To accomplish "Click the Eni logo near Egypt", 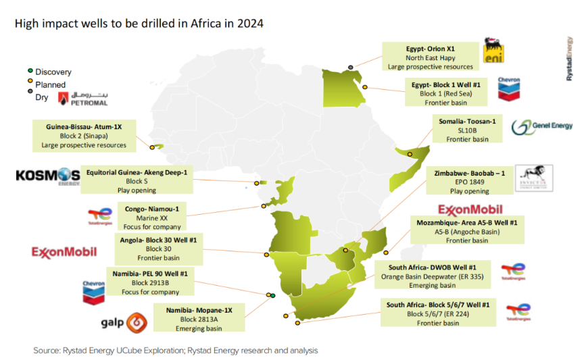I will pyautogui.click(x=493, y=55).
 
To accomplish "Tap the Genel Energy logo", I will pyautogui.click(x=542, y=127).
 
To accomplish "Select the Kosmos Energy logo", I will pyautogui.click(x=47, y=177).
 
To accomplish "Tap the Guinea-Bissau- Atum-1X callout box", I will pyautogui.click(x=83, y=135).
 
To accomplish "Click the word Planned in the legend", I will pyautogui.click(x=50, y=85).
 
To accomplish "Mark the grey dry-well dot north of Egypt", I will pyautogui.click(x=350, y=66).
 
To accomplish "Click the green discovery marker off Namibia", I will pyautogui.click(x=273, y=295).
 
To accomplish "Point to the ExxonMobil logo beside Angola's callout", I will pyautogui.click(x=64, y=252).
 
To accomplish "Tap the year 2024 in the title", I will pyautogui.click(x=249, y=23).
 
